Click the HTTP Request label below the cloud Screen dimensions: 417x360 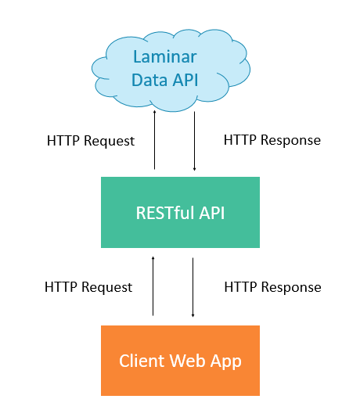pos(90,142)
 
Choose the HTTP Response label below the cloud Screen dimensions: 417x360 pos(272,141)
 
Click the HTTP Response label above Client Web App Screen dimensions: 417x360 pos(272,287)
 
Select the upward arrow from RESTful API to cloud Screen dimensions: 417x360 pos(154,141)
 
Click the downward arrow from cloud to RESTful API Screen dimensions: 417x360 pos(193,141)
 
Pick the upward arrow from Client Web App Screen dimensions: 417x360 pos(153,286)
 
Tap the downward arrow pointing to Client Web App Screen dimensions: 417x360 pos(193,286)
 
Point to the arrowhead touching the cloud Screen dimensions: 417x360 pos(154,113)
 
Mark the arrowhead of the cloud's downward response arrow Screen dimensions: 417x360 pos(193,167)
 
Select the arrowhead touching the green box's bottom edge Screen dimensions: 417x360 pos(153,257)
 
